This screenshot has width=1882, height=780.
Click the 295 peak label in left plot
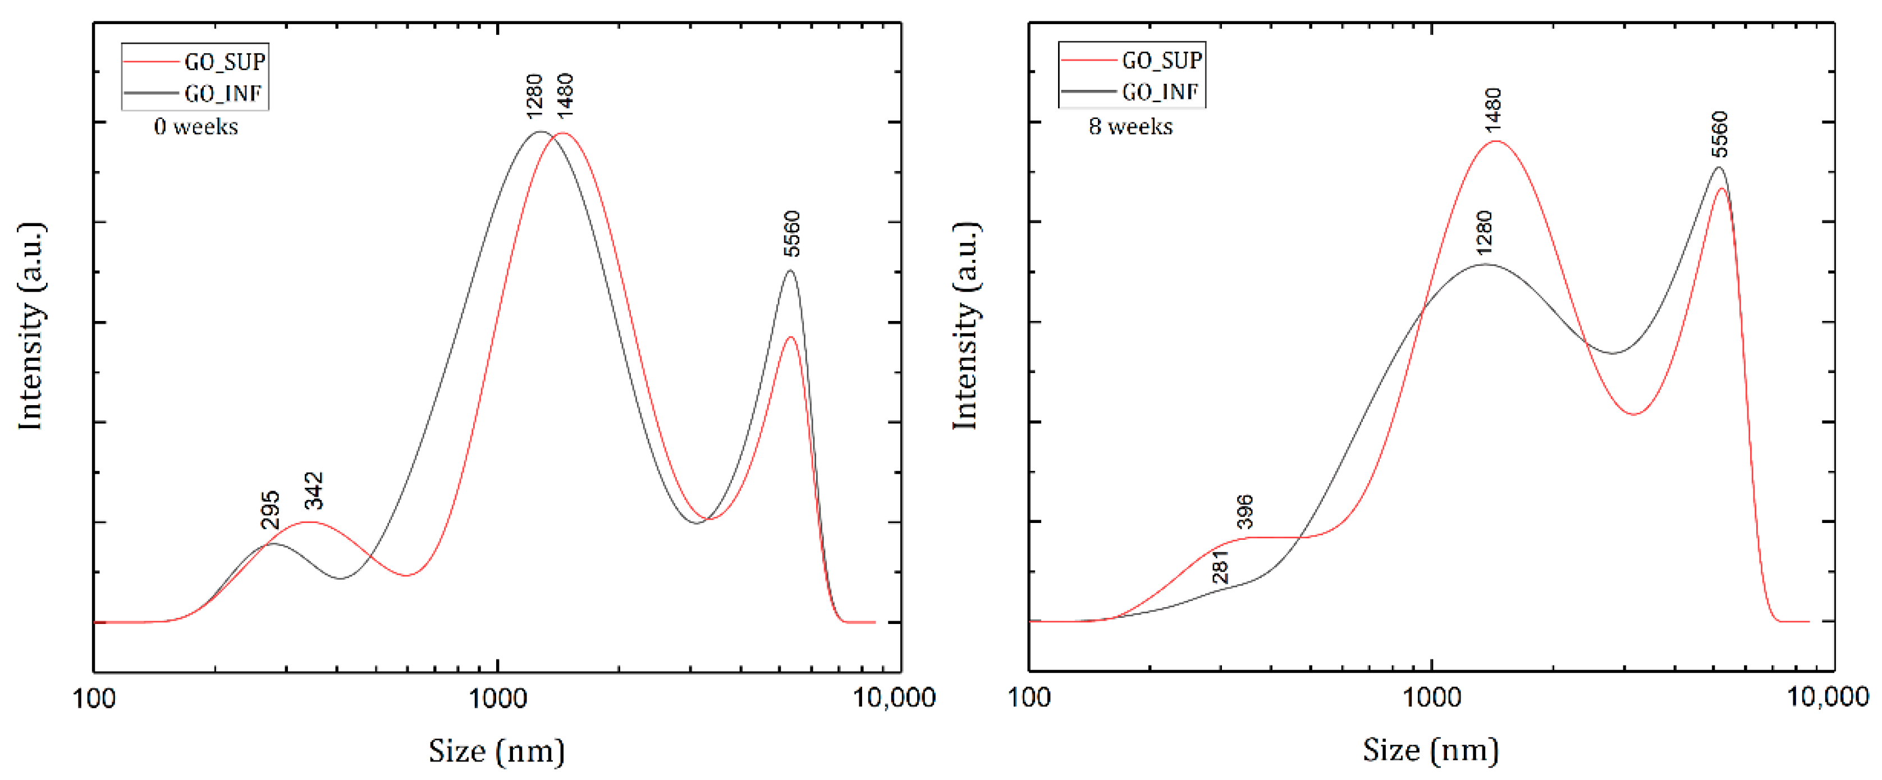tap(269, 510)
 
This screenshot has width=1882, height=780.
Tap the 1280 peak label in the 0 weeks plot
tap(534, 95)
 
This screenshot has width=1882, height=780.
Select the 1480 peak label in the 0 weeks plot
tap(564, 95)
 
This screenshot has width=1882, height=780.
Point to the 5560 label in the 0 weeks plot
tap(792, 233)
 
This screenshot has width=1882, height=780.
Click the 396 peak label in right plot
tap(1245, 512)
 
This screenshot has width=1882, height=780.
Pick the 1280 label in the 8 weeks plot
tap(1484, 232)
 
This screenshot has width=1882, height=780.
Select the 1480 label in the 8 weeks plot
tap(1494, 109)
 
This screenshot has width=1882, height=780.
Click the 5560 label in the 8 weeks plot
tap(1720, 134)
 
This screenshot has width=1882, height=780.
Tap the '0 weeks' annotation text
tap(196, 127)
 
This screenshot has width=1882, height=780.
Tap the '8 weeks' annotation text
tap(1130, 126)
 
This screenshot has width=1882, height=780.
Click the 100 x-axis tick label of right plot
tap(1029, 698)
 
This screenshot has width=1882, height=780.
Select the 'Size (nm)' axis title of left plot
tap(497, 751)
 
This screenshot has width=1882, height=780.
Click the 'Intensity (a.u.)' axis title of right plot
tap(966, 327)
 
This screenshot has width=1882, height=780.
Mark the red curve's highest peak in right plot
tap(1496, 141)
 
